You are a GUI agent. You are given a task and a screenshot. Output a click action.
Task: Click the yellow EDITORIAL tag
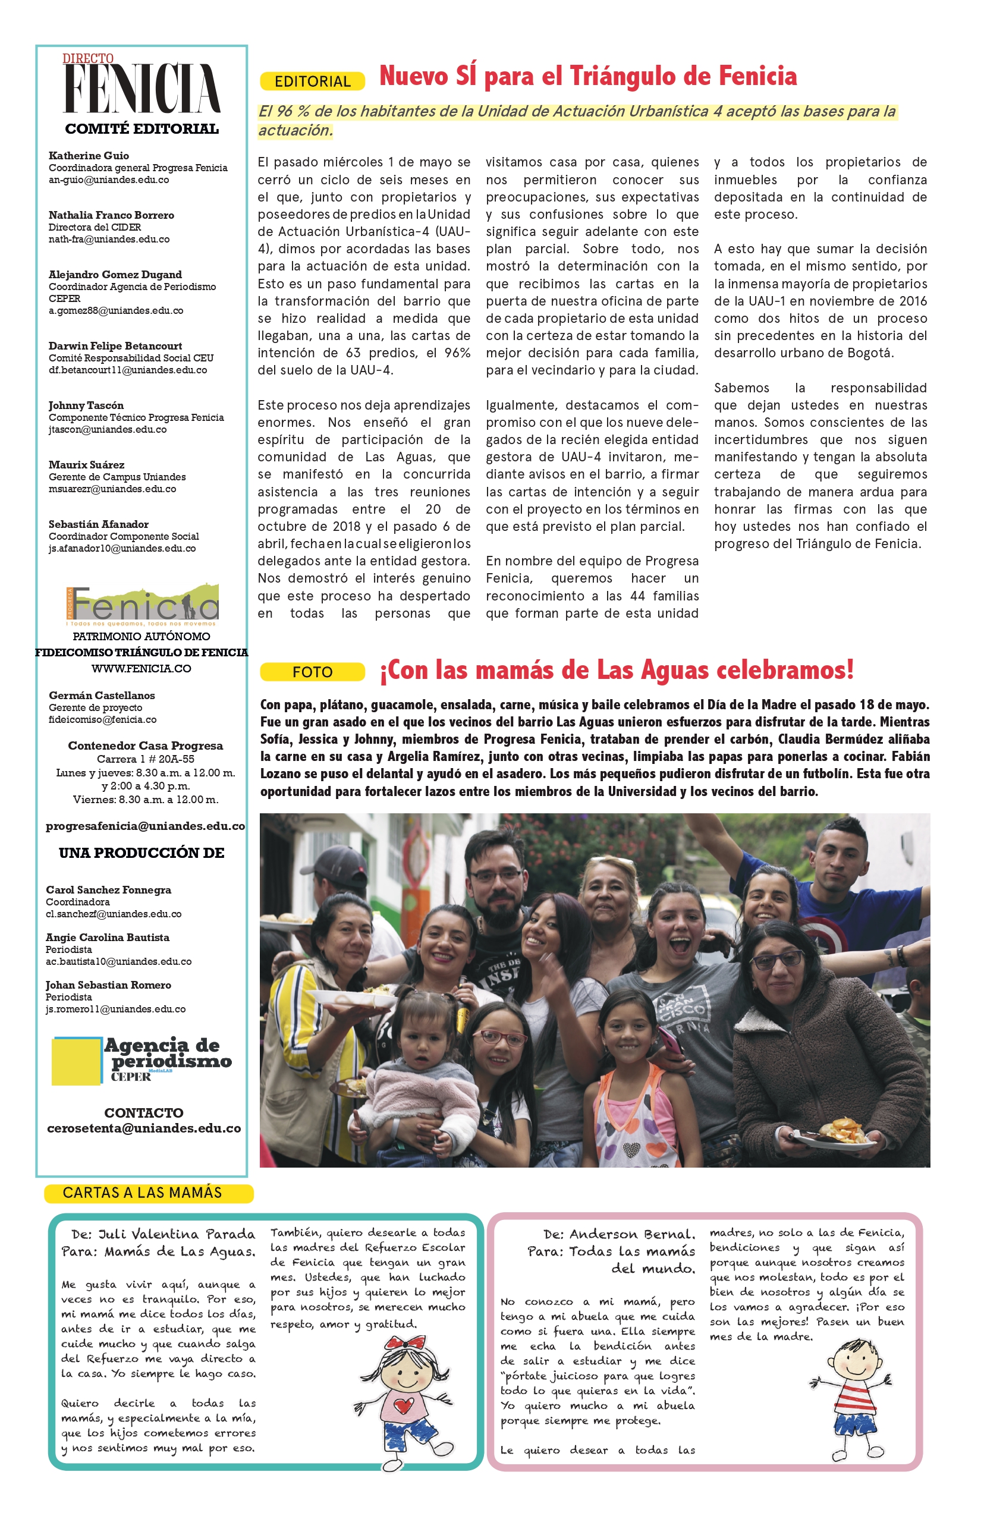click(312, 81)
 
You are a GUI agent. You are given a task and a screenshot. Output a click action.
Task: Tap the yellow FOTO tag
click(312, 672)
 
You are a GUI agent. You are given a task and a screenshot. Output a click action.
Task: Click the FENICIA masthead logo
click(142, 87)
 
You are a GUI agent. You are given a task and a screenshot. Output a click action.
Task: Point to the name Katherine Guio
click(89, 155)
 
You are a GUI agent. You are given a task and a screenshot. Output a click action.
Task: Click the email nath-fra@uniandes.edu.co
click(109, 240)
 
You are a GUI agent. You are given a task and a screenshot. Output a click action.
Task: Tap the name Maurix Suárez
click(87, 464)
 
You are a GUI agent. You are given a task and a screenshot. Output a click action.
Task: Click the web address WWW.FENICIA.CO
click(142, 668)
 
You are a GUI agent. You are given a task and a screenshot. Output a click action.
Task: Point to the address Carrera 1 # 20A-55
click(145, 759)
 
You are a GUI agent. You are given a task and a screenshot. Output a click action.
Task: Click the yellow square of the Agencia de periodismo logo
click(76, 1061)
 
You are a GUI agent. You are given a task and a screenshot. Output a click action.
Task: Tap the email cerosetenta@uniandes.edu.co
click(144, 1128)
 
